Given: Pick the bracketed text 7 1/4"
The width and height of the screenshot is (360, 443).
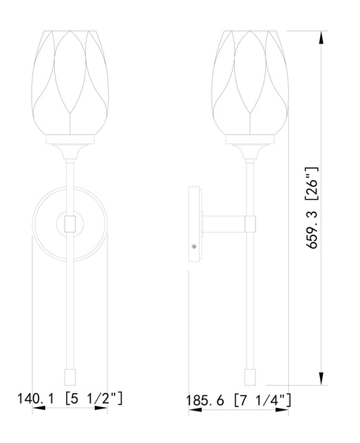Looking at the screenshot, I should (263, 401).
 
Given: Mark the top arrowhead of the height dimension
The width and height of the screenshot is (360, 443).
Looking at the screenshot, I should (321, 35).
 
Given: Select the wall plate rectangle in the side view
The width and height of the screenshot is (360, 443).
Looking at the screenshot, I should (195, 224).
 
